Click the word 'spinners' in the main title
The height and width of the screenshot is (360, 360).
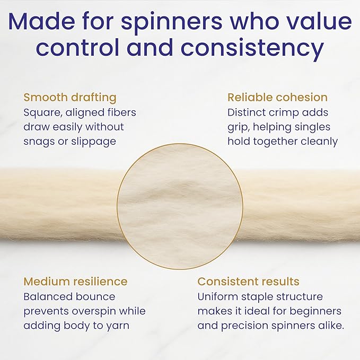coord(172,23)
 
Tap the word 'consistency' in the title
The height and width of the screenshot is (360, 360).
coord(252,49)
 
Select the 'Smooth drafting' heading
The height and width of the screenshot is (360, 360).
coord(70,98)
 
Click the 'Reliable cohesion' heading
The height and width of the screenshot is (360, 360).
coord(278,98)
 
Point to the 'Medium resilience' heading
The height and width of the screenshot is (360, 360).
coord(75,282)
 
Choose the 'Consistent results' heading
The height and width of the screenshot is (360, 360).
coord(249,282)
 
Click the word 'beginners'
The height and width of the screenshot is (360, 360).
coord(315,311)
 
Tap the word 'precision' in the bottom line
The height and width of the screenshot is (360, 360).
coord(245,326)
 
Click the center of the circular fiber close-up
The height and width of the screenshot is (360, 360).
coord(180,206)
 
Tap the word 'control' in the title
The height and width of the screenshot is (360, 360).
coord(77,48)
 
